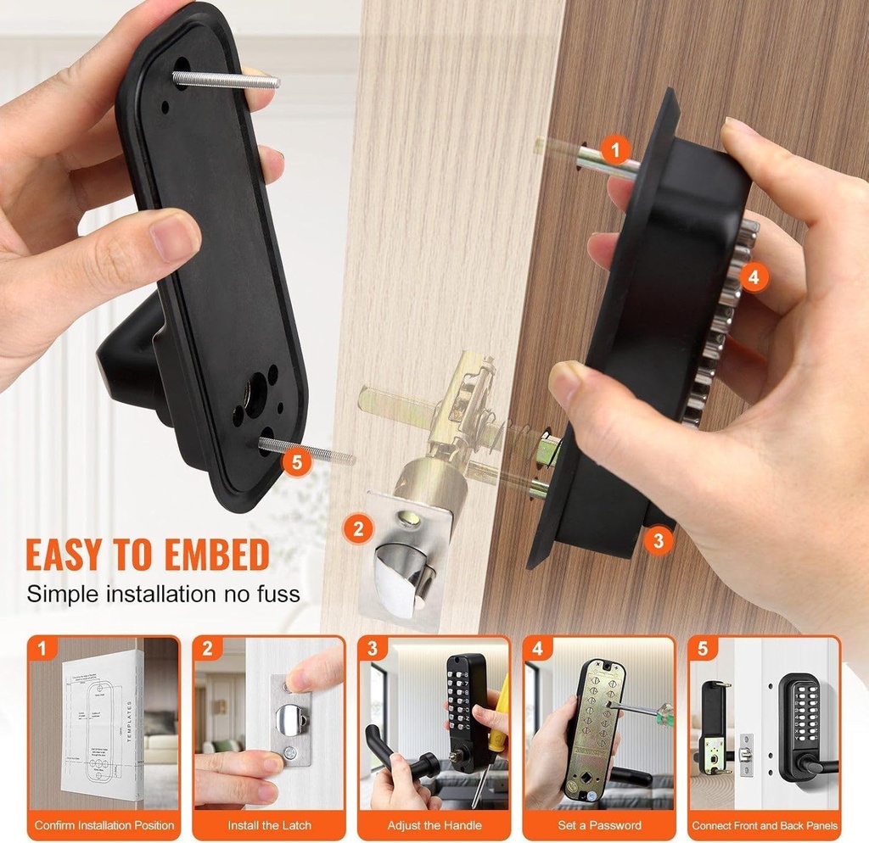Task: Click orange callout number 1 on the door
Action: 616,151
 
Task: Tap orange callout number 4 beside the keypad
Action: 754,277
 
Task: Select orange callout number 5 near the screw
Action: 294,462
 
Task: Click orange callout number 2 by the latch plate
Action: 358,529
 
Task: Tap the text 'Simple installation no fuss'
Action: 163,593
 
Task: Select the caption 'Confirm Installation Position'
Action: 104,824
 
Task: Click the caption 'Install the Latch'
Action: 269,824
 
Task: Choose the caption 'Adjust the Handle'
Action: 434,824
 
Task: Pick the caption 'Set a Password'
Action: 598,824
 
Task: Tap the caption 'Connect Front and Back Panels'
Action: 764,824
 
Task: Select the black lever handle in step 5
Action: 815,766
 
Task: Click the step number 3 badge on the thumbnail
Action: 371,649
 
